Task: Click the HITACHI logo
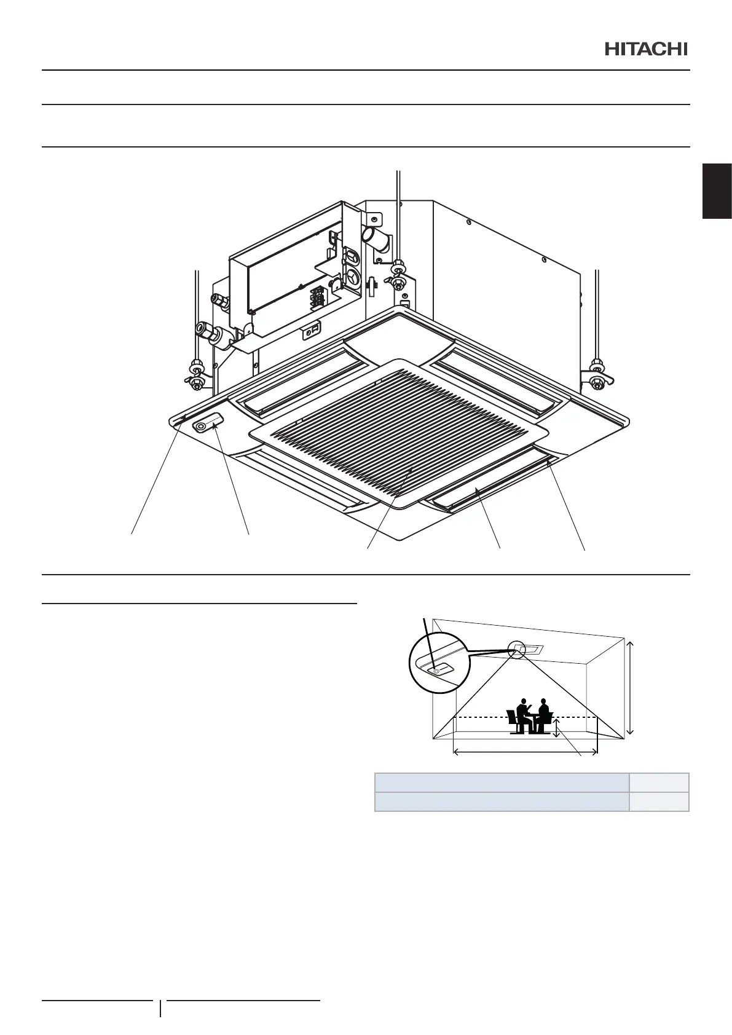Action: (646, 49)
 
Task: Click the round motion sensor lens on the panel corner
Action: (200, 426)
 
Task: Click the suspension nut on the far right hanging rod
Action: (595, 376)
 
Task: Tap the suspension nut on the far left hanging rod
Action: (196, 377)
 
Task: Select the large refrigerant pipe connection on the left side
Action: (208, 332)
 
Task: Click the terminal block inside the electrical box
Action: (318, 297)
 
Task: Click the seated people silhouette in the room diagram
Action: (530, 716)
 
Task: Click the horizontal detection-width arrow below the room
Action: (525, 750)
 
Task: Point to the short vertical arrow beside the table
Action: (556, 728)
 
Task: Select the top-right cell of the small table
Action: (659, 782)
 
